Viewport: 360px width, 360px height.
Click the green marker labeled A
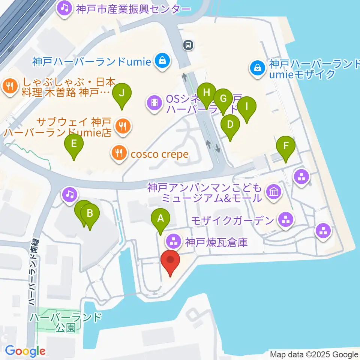click(160, 218)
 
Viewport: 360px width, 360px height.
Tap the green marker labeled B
click(90, 214)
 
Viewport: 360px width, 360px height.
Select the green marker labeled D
click(230, 124)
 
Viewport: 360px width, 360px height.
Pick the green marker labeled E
click(74, 144)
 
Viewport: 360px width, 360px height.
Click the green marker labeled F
click(286, 145)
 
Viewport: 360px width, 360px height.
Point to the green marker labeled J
click(122, 93)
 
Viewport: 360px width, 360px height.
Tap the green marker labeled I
click(247, 106)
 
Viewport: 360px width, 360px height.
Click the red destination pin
click(170, 260)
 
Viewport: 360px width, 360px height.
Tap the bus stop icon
click(188, 45)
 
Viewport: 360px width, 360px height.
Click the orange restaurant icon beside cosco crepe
click(118, 153)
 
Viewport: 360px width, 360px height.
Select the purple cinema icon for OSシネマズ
click(154, 102)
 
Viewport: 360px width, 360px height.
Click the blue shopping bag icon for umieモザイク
click(258, 68)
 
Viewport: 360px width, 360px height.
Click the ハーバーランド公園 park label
click(66, 322)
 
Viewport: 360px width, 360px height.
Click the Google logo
click(25, 351)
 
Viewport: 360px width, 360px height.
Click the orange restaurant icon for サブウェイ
click(122, 126)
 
